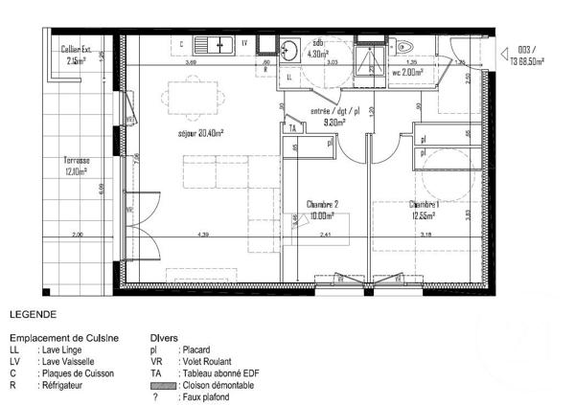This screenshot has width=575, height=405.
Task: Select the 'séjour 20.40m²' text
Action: click(199, 134)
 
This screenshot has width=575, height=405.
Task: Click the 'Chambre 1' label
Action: click(425, 205)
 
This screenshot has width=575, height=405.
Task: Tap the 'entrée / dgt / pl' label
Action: click(334, 110)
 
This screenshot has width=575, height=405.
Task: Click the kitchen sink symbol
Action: click(214, 44)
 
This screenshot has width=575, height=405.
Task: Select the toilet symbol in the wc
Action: click(403, 47)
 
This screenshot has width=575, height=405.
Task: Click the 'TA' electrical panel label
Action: click(293, 127)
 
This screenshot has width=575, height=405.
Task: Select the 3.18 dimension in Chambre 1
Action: click(425, 235)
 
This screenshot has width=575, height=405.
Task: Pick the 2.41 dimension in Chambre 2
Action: click(325, 235)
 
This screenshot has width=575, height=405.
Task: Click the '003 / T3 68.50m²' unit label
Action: click(526, 55)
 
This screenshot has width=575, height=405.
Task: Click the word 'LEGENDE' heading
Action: click(34, 314)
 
